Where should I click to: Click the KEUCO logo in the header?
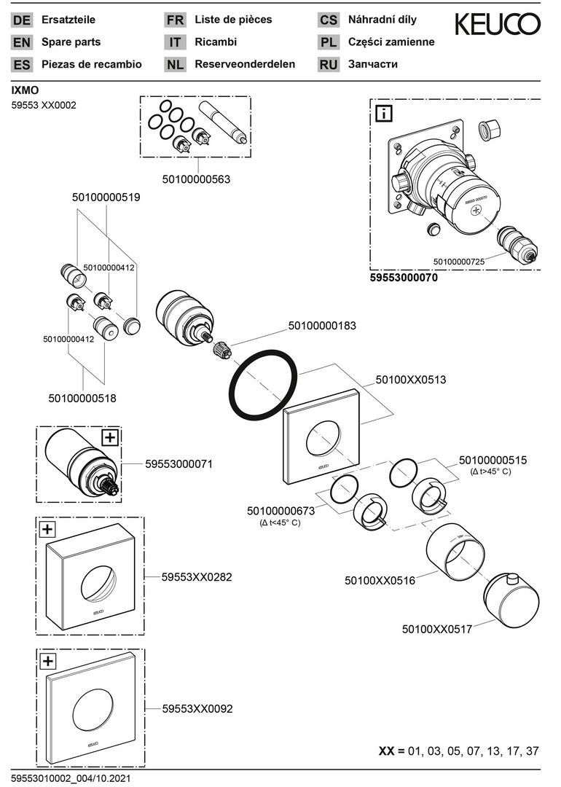tap(498, 26)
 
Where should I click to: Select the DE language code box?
tap(22, 20)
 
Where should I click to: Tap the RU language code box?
tap(328, 65)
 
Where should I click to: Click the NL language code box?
tap(175, 65)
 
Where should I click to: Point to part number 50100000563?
tap(196, 179)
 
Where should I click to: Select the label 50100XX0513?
tap(411, 380)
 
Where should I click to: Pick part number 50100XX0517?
tap(437, 628)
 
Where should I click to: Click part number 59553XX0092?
tap(197, 708)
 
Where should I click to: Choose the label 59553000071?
tap(178, 463)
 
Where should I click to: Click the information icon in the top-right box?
tap(383, 114)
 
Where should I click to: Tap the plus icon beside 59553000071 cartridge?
tap(109, 437)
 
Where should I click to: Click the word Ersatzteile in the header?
tap(68, 20)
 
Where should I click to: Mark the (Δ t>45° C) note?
tap(491, 472)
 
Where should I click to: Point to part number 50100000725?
tap(459, 261)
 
